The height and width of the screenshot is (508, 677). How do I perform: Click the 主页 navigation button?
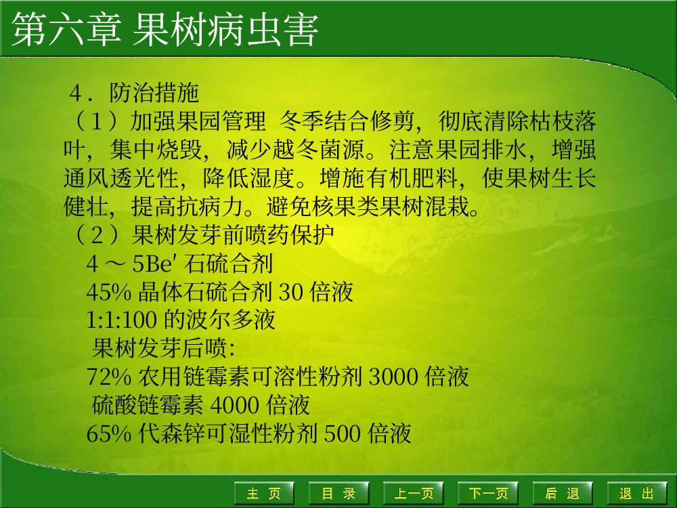pyautogui.click(x=264, y=493)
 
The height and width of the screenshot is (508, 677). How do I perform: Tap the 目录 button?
pyautogui.click(x=339, y=493)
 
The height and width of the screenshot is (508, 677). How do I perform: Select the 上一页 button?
pyautogui.click(x=414, y=493)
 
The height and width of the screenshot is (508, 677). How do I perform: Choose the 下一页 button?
pyautogui.click(x=488, y=493)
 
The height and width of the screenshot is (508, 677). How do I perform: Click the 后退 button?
pyautogui.click(x=563, y=493)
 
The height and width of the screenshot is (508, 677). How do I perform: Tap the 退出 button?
pyautogui.click(x=637, y=493)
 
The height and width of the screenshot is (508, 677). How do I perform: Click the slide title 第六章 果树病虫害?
pyautogui.click(x=165, y=29)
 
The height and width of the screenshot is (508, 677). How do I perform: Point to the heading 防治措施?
pyautogui.click(x=154, y=93)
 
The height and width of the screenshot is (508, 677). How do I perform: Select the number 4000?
pyautogui.click(x=235, y=405)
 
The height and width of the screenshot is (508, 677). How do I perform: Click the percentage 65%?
pyautogui.click(x=109, y=433)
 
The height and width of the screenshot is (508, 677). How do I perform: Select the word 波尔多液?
pyautogui.click(x=231, y=320)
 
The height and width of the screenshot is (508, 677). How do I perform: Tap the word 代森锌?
pyautogui.click(x=172, y=433)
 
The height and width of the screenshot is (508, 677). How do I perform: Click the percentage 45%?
pyautogui.click(x=109, y=292)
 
